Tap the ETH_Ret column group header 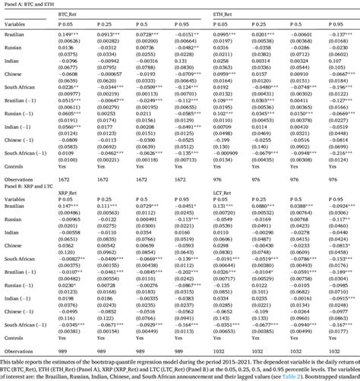coord(223,14)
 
